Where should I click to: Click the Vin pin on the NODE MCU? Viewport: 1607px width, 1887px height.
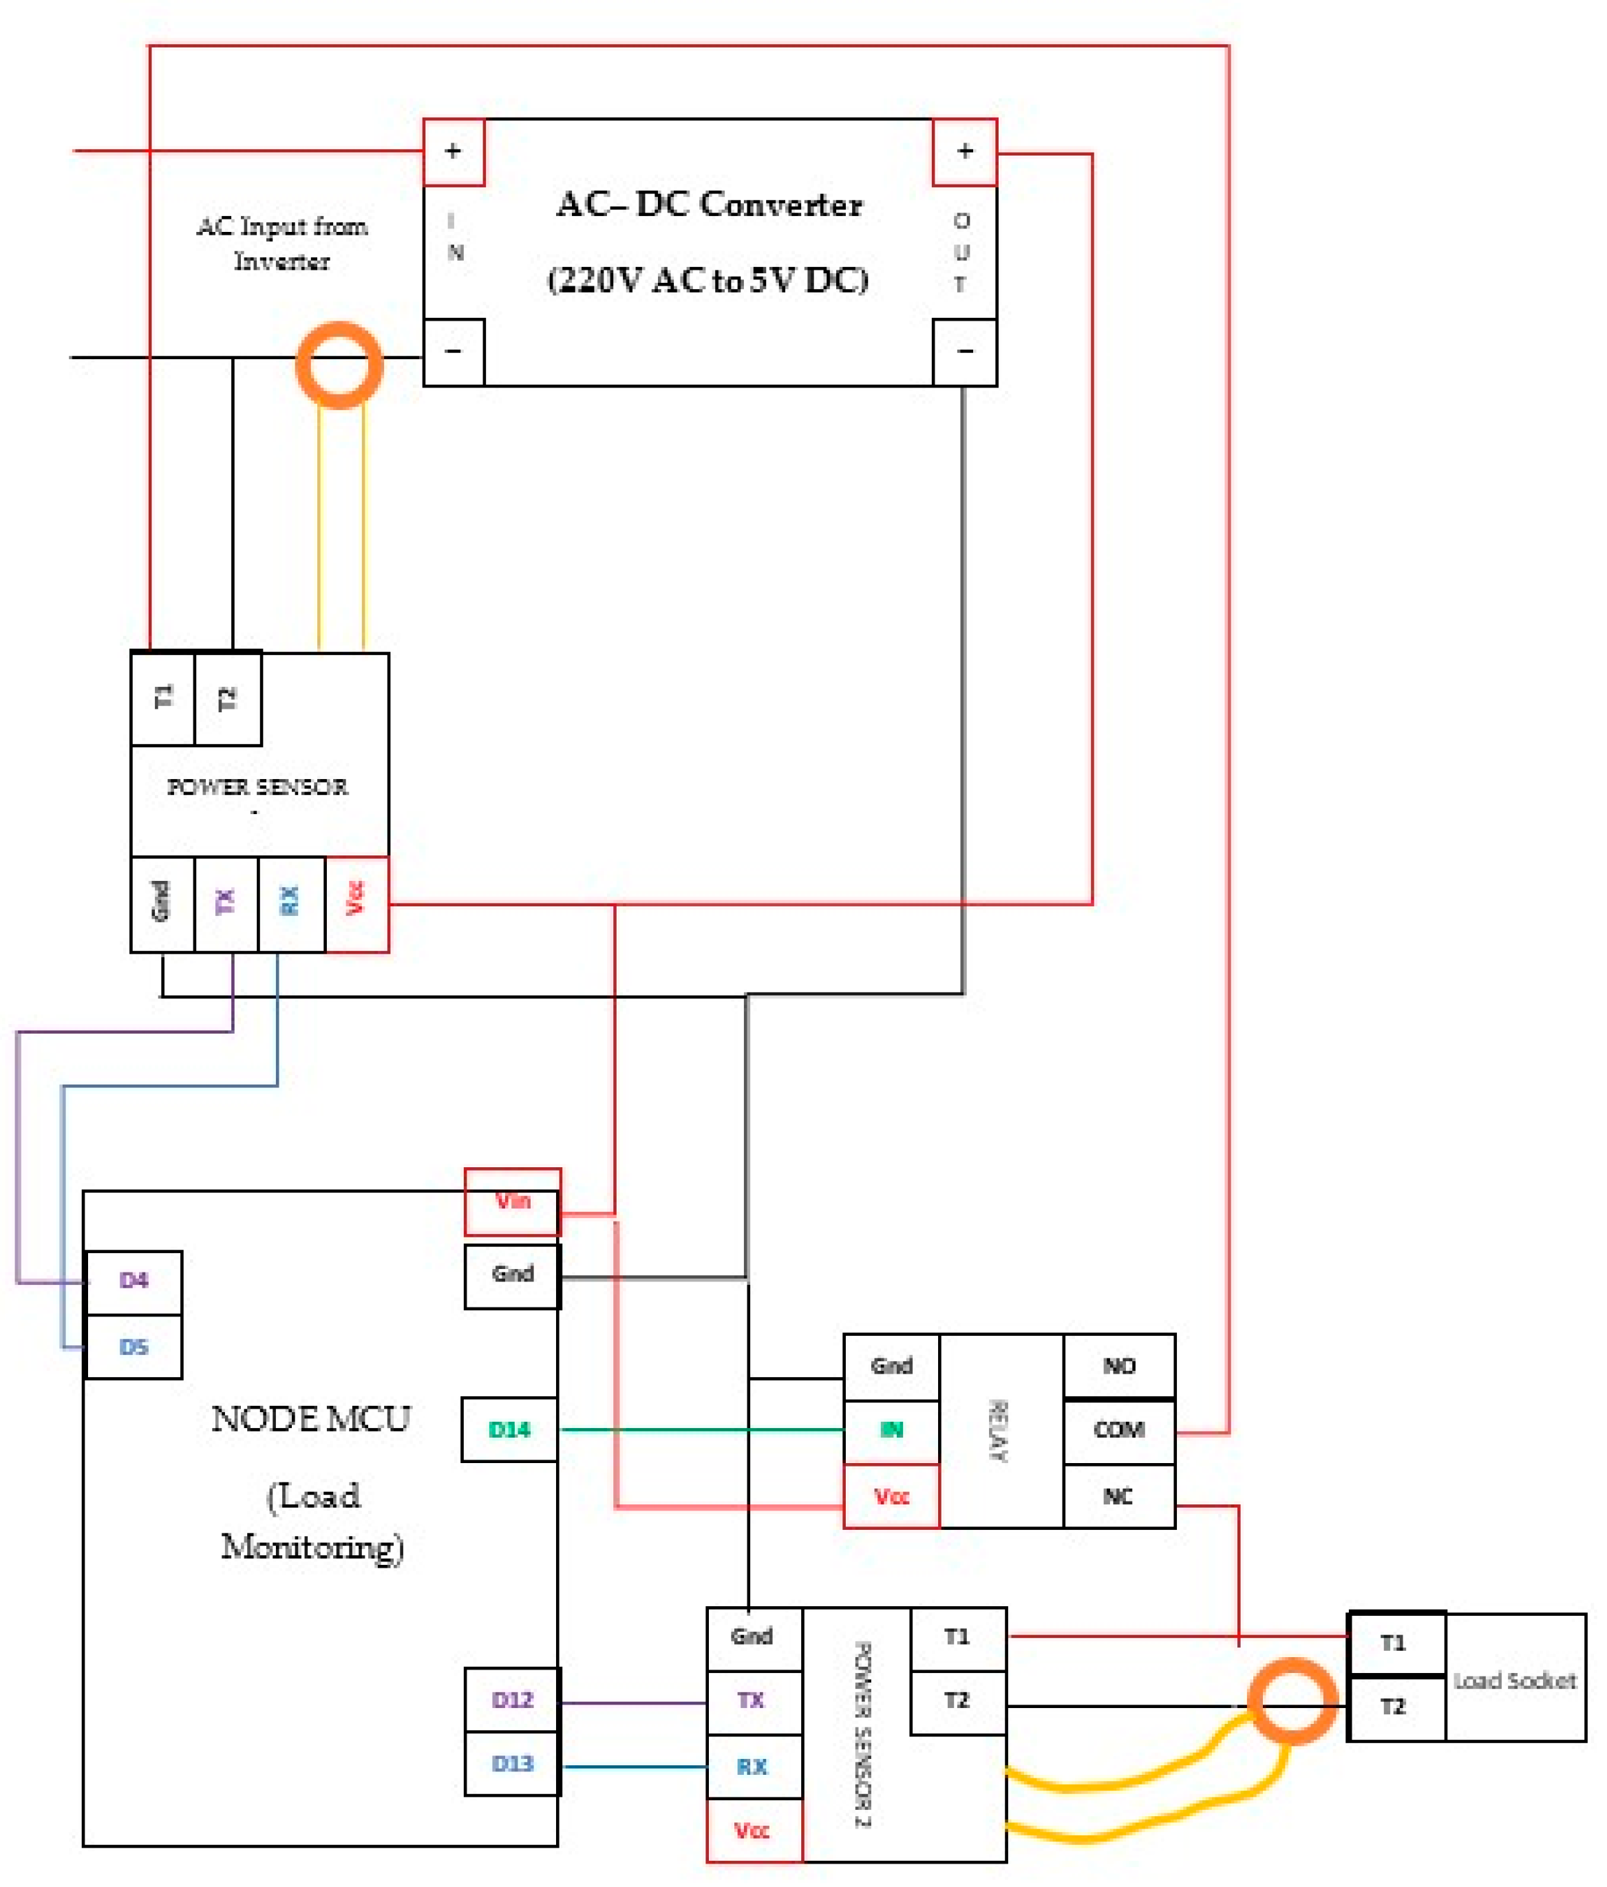[x=512, y=1202]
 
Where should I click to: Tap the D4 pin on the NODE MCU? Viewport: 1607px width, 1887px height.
[x=134, y=1281]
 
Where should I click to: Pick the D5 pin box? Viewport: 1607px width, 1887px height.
[x=134, y=1347]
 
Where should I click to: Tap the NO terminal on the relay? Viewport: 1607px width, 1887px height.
[x=1118, y=1366]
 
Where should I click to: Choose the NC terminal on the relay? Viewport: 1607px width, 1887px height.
[x=1118, y=1496]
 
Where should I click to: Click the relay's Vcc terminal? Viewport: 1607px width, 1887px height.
[x=891, y=1496]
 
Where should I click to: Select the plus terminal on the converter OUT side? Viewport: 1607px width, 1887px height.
[x=965, y=151]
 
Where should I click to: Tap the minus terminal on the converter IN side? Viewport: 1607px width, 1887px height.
[x=454, y=352]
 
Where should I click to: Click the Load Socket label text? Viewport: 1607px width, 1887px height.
[x=1514, y=1681]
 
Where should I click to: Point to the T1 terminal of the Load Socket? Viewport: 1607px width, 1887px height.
[x=1394, y=1643]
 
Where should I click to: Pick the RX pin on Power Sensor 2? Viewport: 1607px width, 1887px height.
[x=752, y=1767]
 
